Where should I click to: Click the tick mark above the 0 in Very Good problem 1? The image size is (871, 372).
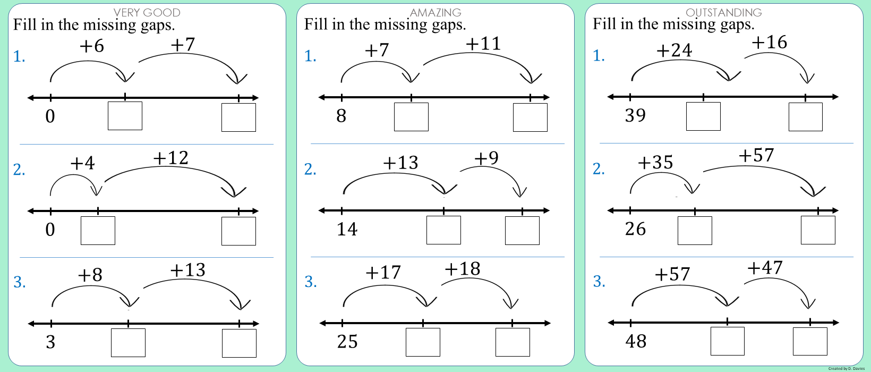51,98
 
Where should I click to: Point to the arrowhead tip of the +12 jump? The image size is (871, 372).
234,197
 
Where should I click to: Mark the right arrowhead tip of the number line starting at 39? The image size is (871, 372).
838,97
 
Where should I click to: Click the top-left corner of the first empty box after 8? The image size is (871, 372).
394,103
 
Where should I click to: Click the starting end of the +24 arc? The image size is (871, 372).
632,81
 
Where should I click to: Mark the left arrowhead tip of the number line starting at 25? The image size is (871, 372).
320,323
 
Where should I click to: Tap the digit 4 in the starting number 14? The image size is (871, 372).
352,229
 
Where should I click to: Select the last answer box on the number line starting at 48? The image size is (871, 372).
810,341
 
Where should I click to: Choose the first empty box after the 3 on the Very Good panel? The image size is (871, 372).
129,343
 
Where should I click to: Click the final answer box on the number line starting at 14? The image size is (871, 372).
522,231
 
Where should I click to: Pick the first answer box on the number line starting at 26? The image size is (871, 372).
695,231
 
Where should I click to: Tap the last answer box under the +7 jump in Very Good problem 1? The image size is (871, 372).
239,117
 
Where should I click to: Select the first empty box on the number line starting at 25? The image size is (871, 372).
423,342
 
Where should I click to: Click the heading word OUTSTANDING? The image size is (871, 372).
724,12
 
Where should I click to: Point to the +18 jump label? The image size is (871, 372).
463,269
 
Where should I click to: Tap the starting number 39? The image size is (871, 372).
635,115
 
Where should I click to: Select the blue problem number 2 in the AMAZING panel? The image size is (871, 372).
310,170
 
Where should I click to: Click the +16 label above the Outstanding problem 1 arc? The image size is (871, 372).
770,42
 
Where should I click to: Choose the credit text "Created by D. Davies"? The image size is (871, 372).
847,368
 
